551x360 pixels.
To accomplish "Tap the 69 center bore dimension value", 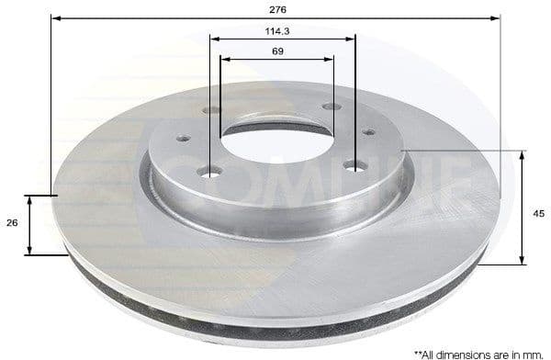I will click(x=277, y=51).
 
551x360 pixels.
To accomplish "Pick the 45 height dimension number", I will click(x=538, y=213).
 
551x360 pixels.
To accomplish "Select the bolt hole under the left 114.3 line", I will click(x=214, y=172).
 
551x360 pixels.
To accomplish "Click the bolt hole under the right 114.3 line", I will click(x=354, y=164).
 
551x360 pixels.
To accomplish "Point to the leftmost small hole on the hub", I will click(x=182, y=139).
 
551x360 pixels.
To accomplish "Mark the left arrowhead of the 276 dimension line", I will click(x=54, y=17).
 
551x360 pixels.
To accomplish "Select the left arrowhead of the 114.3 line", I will click(x=214, y=39).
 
